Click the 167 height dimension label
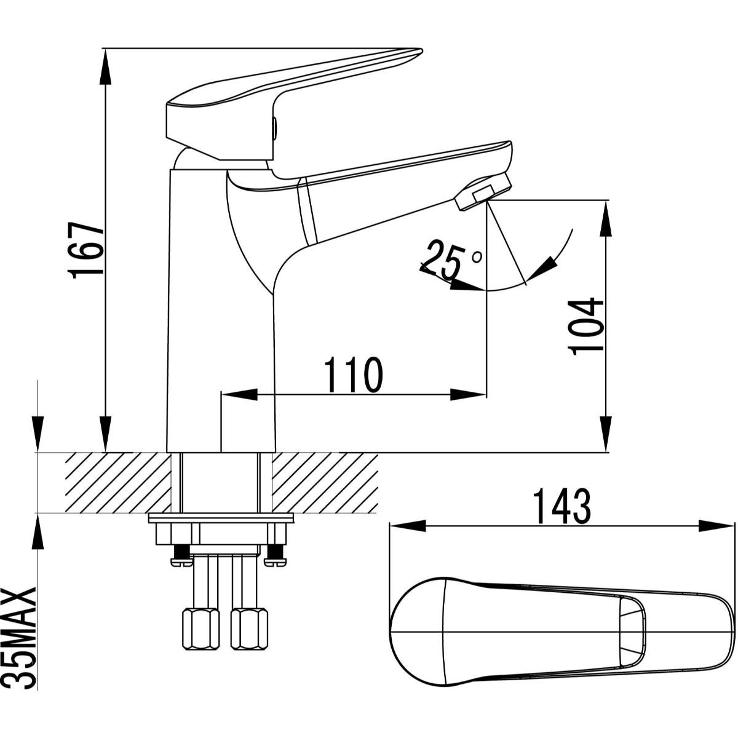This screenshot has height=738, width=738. pyautogui.click(x=85, y=250)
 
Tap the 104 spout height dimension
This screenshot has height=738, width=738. pyautogui.click(x=585, y=327)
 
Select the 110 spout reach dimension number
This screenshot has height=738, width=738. pyautogui.click(x=354, y=375)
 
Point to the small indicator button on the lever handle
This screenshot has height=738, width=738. pyautogui.click(x=274, y=129)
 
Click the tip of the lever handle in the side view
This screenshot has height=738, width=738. pyautogui.click(x=422, y=50)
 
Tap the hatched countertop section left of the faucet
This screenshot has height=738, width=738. pyautogui.click(x=118, y=483)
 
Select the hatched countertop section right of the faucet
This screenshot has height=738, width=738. pyautogui.click(x=325, y=483)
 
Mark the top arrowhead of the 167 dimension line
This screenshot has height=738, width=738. pyautogui.click(x=106, y=66)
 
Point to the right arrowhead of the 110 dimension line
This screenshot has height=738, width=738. pyautogui.click(x=469, y=395)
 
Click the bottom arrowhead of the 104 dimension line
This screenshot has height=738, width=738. pyautogui.click(x=606, y=435)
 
